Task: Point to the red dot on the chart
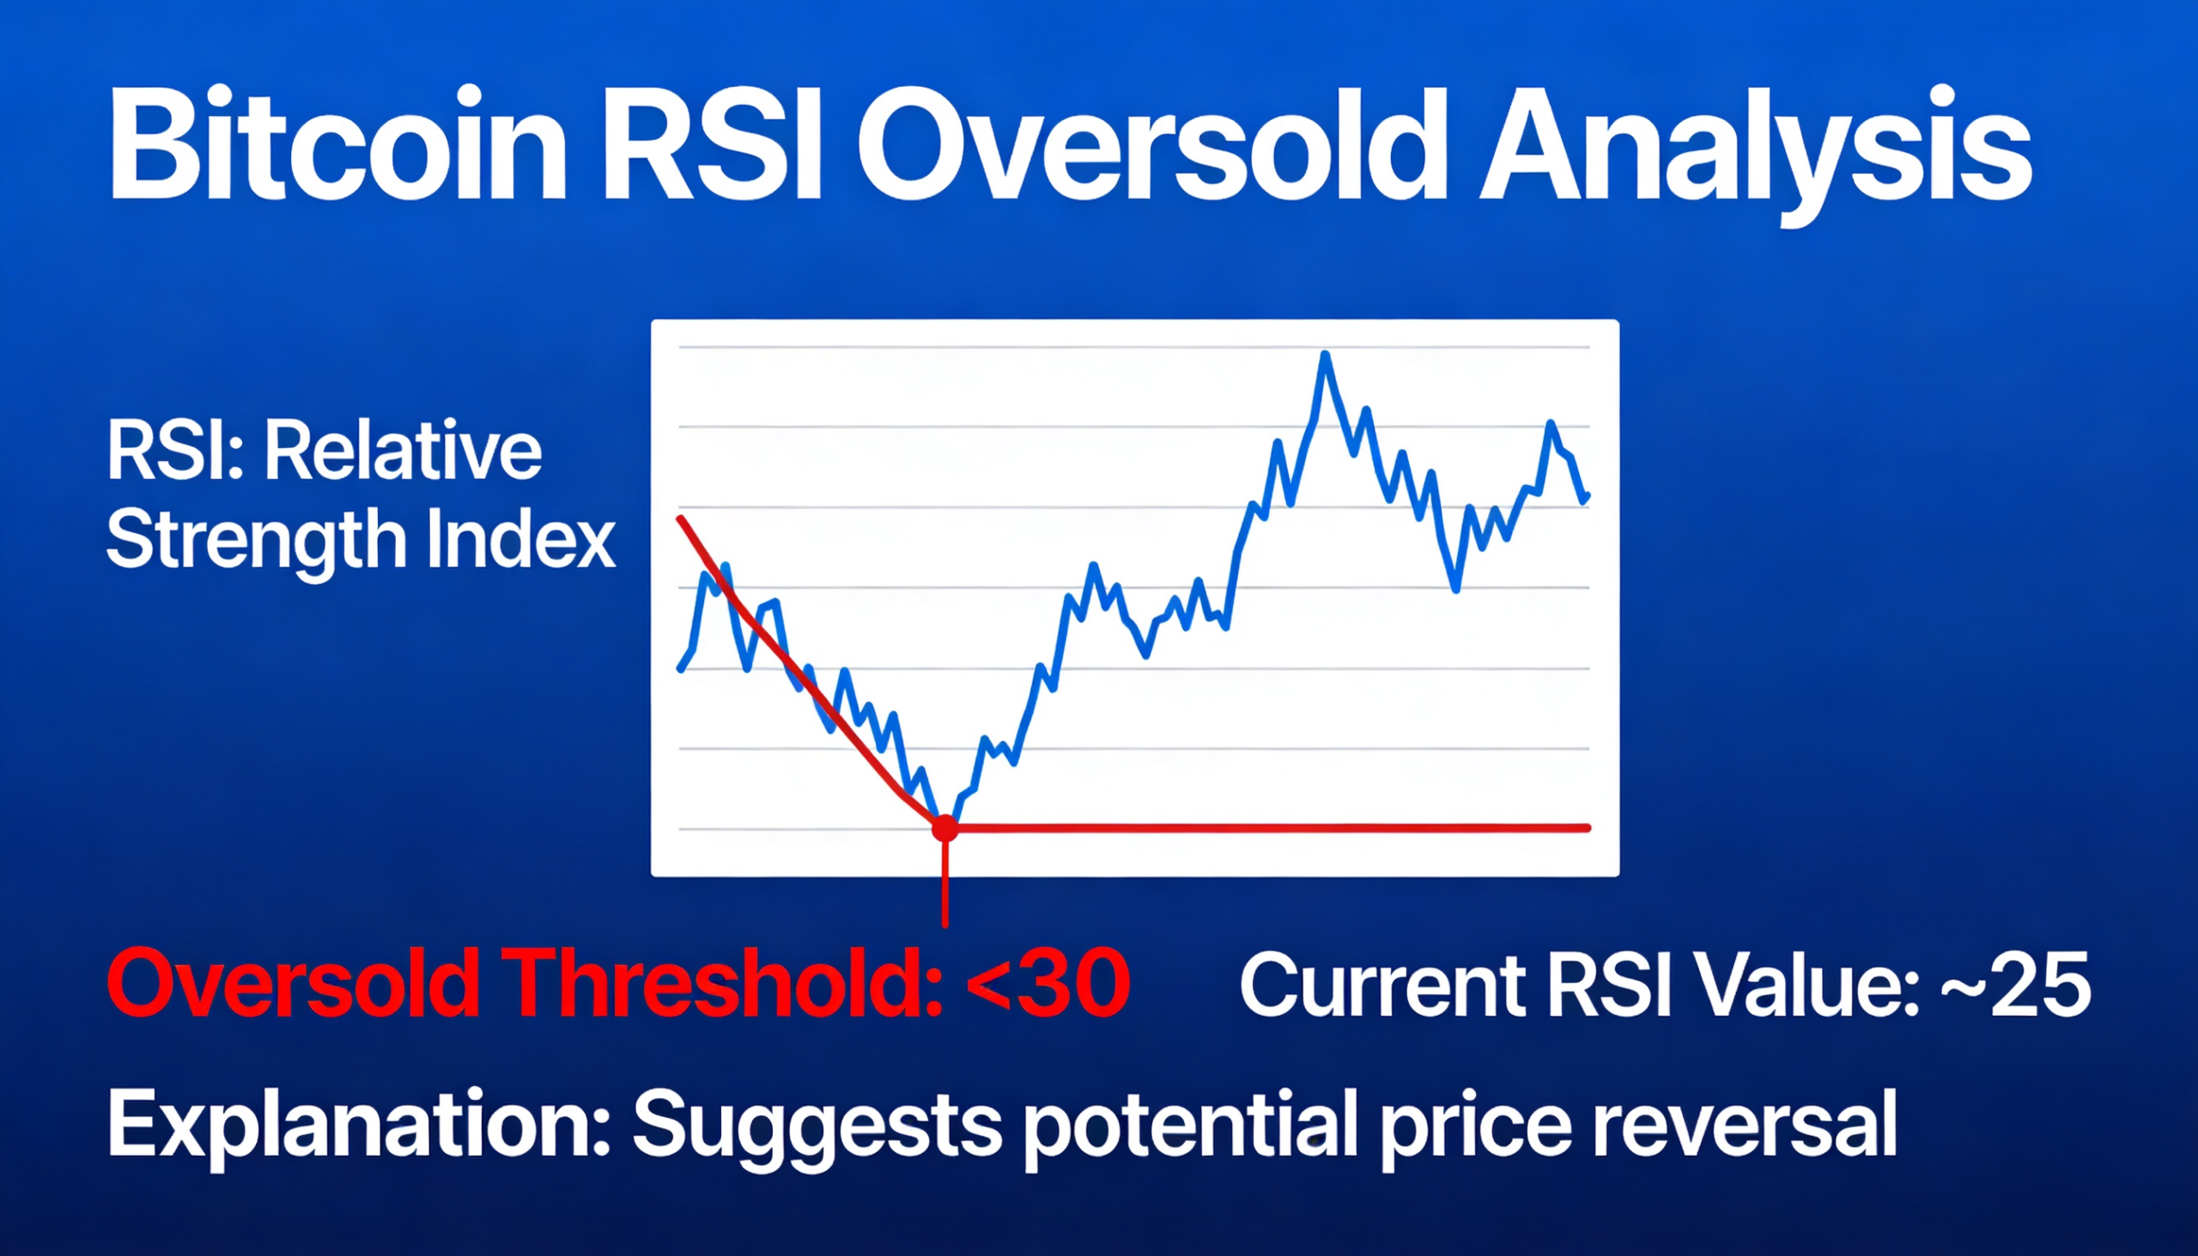tap(944, 829)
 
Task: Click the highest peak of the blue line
tap(1324, 355)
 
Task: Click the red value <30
tap(1047, 983)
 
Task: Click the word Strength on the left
tap(255, 541)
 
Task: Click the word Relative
tap(403, 452)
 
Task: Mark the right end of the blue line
tap(1588, 496)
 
